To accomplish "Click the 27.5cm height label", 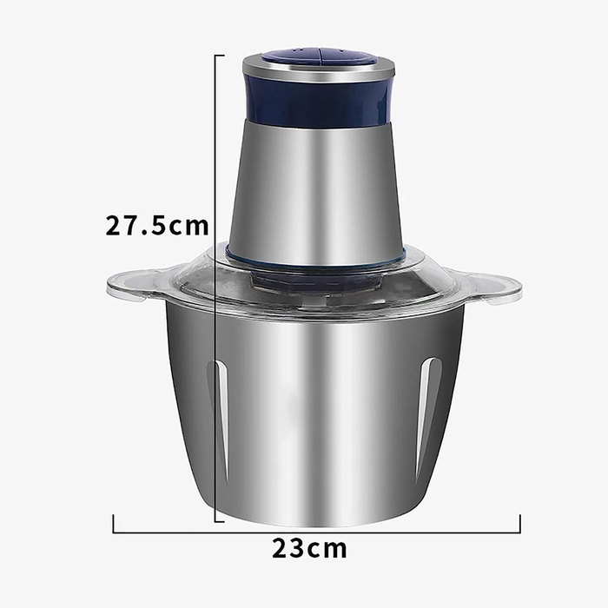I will click(x=157, y=226).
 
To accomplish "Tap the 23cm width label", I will click(x=309, y=549).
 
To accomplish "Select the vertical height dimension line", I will click(x=215, y=347).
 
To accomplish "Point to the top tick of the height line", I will click(x=219, y=55).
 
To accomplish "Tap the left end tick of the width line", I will click(x=114, y=524).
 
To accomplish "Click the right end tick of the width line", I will click(x=519, y=524).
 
